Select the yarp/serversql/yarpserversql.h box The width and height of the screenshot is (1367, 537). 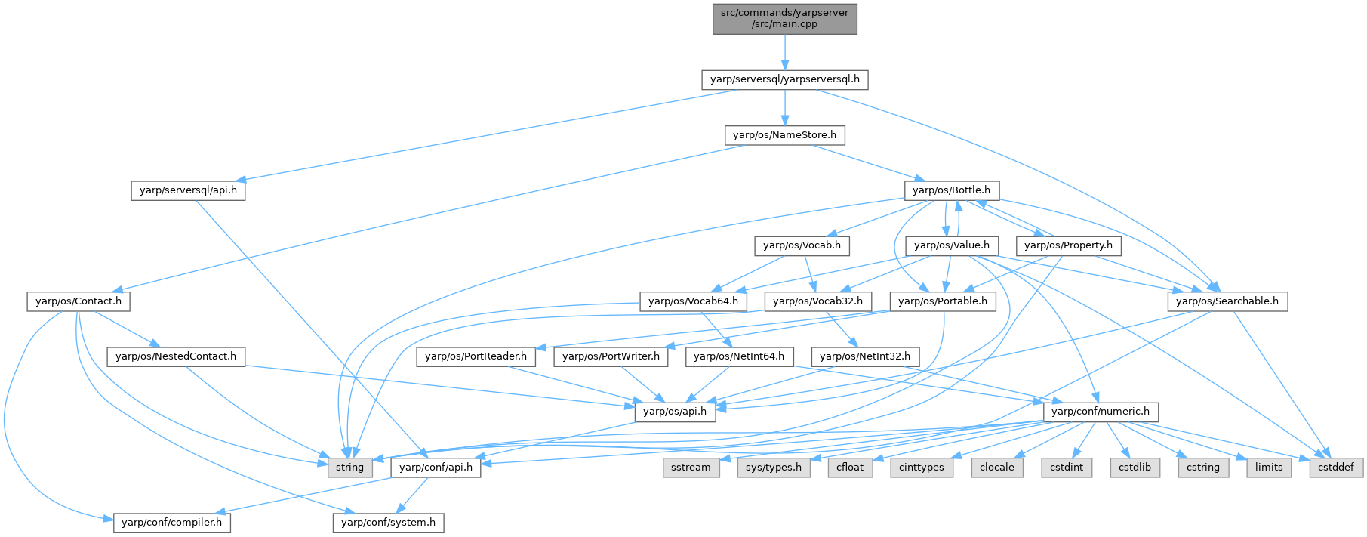(x=785, y=79)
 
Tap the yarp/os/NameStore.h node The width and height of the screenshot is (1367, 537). (x=785, y=135)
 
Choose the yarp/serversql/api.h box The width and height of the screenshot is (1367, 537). (x=189, y=190)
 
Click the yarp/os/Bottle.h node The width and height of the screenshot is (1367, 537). (x=951, y=190)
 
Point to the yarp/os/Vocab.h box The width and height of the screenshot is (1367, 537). (x=802, y=245)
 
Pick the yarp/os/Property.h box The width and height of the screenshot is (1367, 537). (x=1068, y=245)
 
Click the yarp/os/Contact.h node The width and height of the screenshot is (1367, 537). (x=79, y=301)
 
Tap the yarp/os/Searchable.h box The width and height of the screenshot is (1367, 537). (x=1227, y=301)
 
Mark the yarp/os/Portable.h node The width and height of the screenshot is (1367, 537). (x=943, y=301)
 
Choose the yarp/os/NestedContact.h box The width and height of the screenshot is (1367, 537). (x=176, y=356)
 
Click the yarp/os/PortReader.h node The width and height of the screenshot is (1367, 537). (x=476, y=356)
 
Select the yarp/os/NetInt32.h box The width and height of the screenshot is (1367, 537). (x=865, y=356)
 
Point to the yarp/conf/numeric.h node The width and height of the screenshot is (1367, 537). (x=1101, y=412)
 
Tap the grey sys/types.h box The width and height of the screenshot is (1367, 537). (x=773, y=468)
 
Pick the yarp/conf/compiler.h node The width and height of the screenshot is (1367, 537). (x=173, y=523)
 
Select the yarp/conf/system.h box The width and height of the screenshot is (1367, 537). (x=388, y=523)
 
